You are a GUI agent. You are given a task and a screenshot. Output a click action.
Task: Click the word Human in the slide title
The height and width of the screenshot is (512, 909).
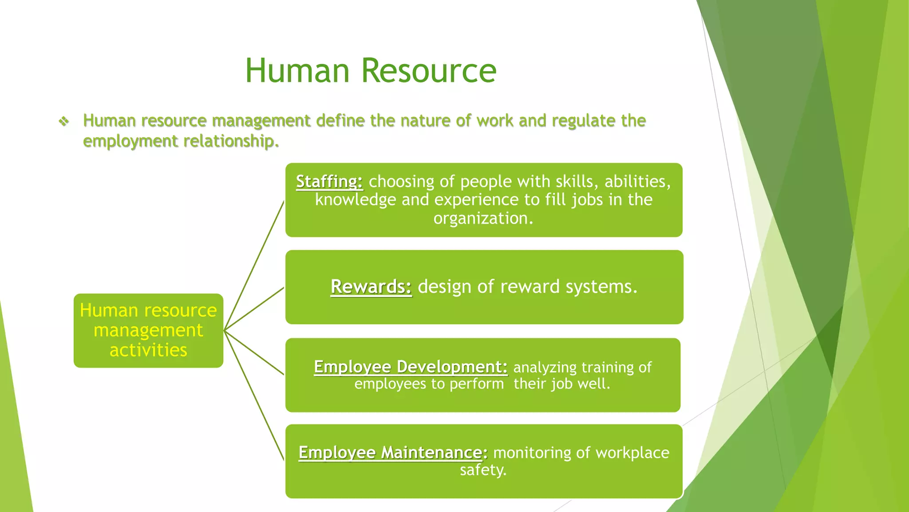click(x=297, y=71)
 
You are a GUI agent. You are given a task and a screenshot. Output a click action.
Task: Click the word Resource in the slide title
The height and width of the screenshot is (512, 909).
click(x=428, y=71)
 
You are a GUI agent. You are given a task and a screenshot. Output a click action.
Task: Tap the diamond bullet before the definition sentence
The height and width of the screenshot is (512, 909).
click(x=64, y=121)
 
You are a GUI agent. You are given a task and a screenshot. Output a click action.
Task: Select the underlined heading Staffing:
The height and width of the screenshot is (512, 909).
click(x=329, y=181)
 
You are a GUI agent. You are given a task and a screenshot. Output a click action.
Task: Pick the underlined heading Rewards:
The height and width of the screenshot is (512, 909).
click(x=371, y=287)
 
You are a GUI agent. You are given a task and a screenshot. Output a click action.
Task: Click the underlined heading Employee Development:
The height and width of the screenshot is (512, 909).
click(x=411, y=367)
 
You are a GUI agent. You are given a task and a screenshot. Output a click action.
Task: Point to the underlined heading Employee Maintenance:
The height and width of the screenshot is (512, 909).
click(x=393, y=452)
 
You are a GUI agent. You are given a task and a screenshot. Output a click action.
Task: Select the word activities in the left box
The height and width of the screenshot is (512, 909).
click(x=148, y=350)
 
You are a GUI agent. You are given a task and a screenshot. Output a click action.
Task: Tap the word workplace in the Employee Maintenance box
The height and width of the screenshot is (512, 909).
click(x=632, y=452)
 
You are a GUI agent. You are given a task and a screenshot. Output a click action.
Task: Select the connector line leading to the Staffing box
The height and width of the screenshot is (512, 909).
click(x=254, y=265)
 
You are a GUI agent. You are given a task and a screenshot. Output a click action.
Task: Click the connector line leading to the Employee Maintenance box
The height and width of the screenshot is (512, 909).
click(x=254, y=396)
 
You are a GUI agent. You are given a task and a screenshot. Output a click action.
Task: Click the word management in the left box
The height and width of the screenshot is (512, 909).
click(x=148, y=330)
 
